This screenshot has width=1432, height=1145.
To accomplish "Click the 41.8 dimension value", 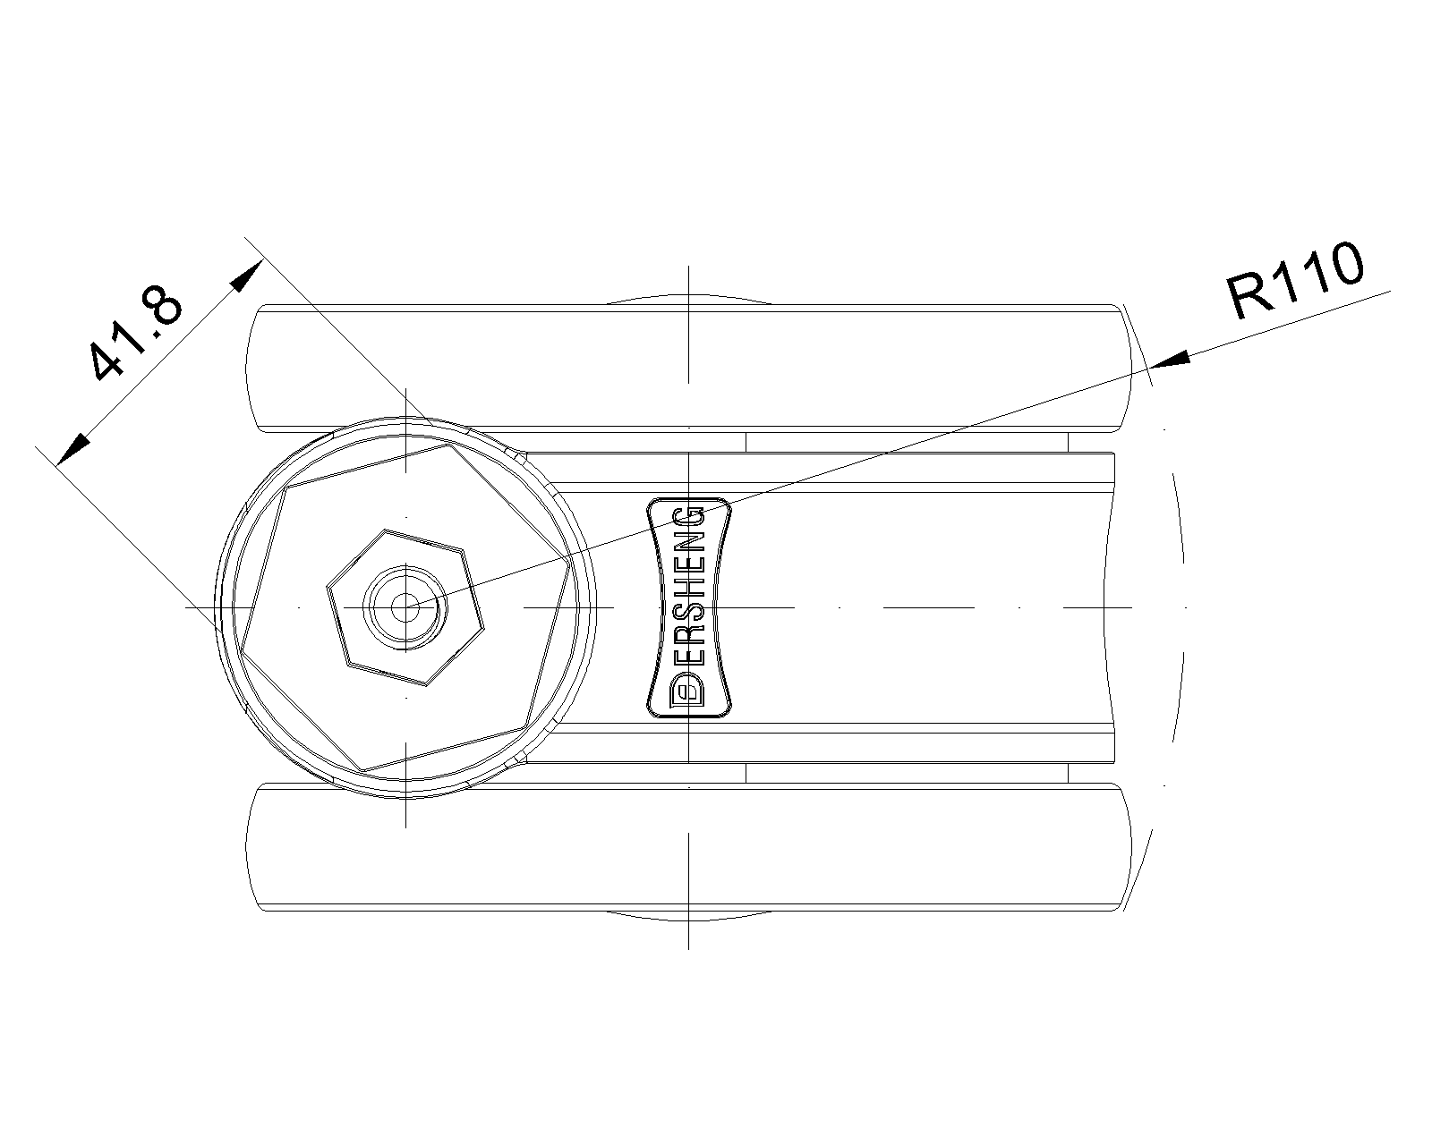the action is point(135,333).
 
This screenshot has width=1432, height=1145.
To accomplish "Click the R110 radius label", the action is point(1295,282).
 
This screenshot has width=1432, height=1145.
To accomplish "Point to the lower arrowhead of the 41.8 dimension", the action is point(73,449).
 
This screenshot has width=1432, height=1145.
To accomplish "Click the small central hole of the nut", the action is point(405,606).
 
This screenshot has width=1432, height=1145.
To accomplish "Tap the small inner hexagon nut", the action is point(405,607).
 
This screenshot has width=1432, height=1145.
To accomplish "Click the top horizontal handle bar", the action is point(689,368).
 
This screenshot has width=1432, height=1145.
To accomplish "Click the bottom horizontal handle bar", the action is point(689,847).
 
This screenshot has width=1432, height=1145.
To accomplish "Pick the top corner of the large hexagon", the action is point(450,445).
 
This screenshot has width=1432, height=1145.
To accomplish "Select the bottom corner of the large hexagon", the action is point(362,772).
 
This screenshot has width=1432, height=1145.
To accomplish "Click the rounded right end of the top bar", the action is point(1125,368).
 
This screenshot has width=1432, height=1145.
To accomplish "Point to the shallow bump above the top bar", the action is point(689,296).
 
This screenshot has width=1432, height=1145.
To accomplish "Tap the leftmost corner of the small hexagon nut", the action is point(327,586).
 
